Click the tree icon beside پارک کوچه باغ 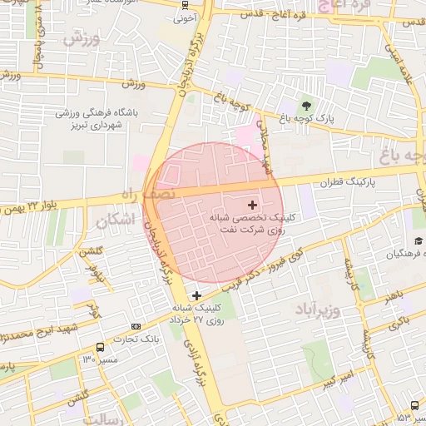[x=307, y=106]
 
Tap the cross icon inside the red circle [x=253, y=204]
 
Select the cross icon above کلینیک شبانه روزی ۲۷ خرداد [x=196, y=295]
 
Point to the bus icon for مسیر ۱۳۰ [x=101, y=347]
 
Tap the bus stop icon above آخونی [x=184, y=4]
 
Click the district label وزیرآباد [x=317, y=310]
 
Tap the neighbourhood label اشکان [x=115, y=221]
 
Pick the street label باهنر [x=388, y=295]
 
